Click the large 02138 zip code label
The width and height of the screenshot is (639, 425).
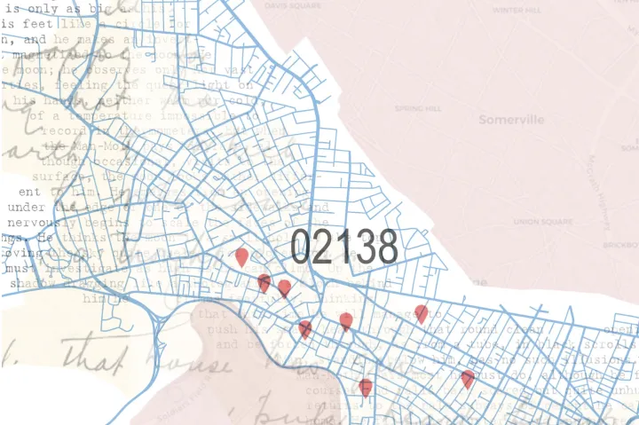click(343, 247)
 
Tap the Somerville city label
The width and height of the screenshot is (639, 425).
click(511, 120)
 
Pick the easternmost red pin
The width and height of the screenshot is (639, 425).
click(468, 378)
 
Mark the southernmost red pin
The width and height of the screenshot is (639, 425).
click(366, 387)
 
